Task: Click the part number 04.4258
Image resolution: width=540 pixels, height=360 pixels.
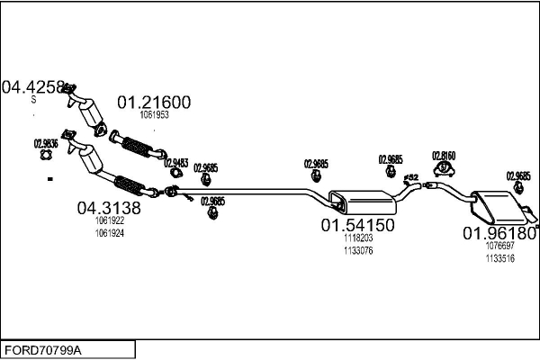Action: click(x=34, y=87)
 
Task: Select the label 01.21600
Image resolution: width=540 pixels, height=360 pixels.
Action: click(x=155, y=103)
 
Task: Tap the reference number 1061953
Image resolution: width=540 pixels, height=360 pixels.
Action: click(x=155, y=115)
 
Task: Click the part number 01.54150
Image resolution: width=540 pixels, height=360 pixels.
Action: click(x=358, y=225)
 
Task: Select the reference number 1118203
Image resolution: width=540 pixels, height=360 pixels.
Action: click(x=358, y=238)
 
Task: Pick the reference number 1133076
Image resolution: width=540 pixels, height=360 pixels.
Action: click(x=358, y=250)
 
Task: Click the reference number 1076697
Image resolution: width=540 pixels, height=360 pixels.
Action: click(x=499, y=246)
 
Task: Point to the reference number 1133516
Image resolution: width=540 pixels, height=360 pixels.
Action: click(x=499, y=258)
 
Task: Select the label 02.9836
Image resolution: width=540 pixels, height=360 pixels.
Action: click(x=46, y=143)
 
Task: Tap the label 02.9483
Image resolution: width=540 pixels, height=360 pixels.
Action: click(x=175, y=163)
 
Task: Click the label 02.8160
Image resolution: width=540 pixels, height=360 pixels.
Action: click(x=444, y=155)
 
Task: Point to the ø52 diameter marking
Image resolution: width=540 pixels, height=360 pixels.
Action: click(x=411, y=178)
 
